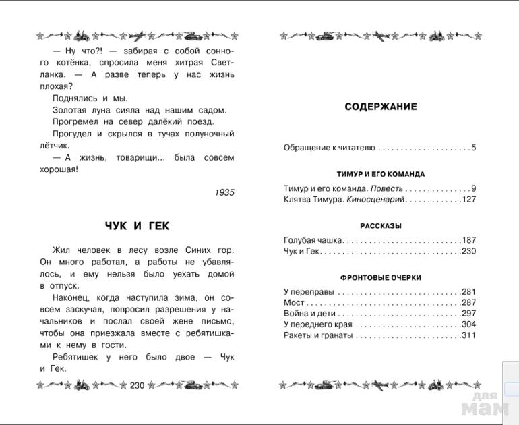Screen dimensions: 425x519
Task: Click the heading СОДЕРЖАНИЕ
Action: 381,107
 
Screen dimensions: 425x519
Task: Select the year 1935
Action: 224,192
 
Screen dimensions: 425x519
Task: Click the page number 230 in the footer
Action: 138,385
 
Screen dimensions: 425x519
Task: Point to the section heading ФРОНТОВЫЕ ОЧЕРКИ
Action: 381,277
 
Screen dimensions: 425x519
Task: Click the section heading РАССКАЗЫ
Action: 381,226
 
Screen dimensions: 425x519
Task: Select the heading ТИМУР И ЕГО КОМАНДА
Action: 381,174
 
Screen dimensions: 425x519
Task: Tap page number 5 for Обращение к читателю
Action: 473,148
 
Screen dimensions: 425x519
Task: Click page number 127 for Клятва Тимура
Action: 469,200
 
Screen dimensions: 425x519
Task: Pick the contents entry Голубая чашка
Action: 313,240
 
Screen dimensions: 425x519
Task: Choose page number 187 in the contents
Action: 469,240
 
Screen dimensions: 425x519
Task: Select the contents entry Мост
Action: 295,303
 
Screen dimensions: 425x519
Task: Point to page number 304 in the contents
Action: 469,324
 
